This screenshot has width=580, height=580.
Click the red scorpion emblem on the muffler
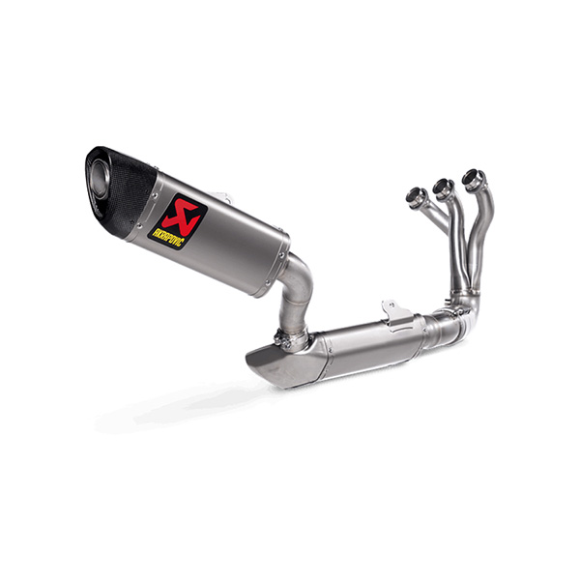[180, 214]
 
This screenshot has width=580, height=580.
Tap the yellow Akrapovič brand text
[168, 237]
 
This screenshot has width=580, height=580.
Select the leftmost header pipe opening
[416, 195]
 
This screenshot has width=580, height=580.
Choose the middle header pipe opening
[443, 186]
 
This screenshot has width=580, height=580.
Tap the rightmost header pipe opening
[473, 179]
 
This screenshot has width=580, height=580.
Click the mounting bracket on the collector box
[396, 314]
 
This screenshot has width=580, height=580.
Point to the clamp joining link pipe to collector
[291, 337]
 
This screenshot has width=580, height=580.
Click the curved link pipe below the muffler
[296, 292]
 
